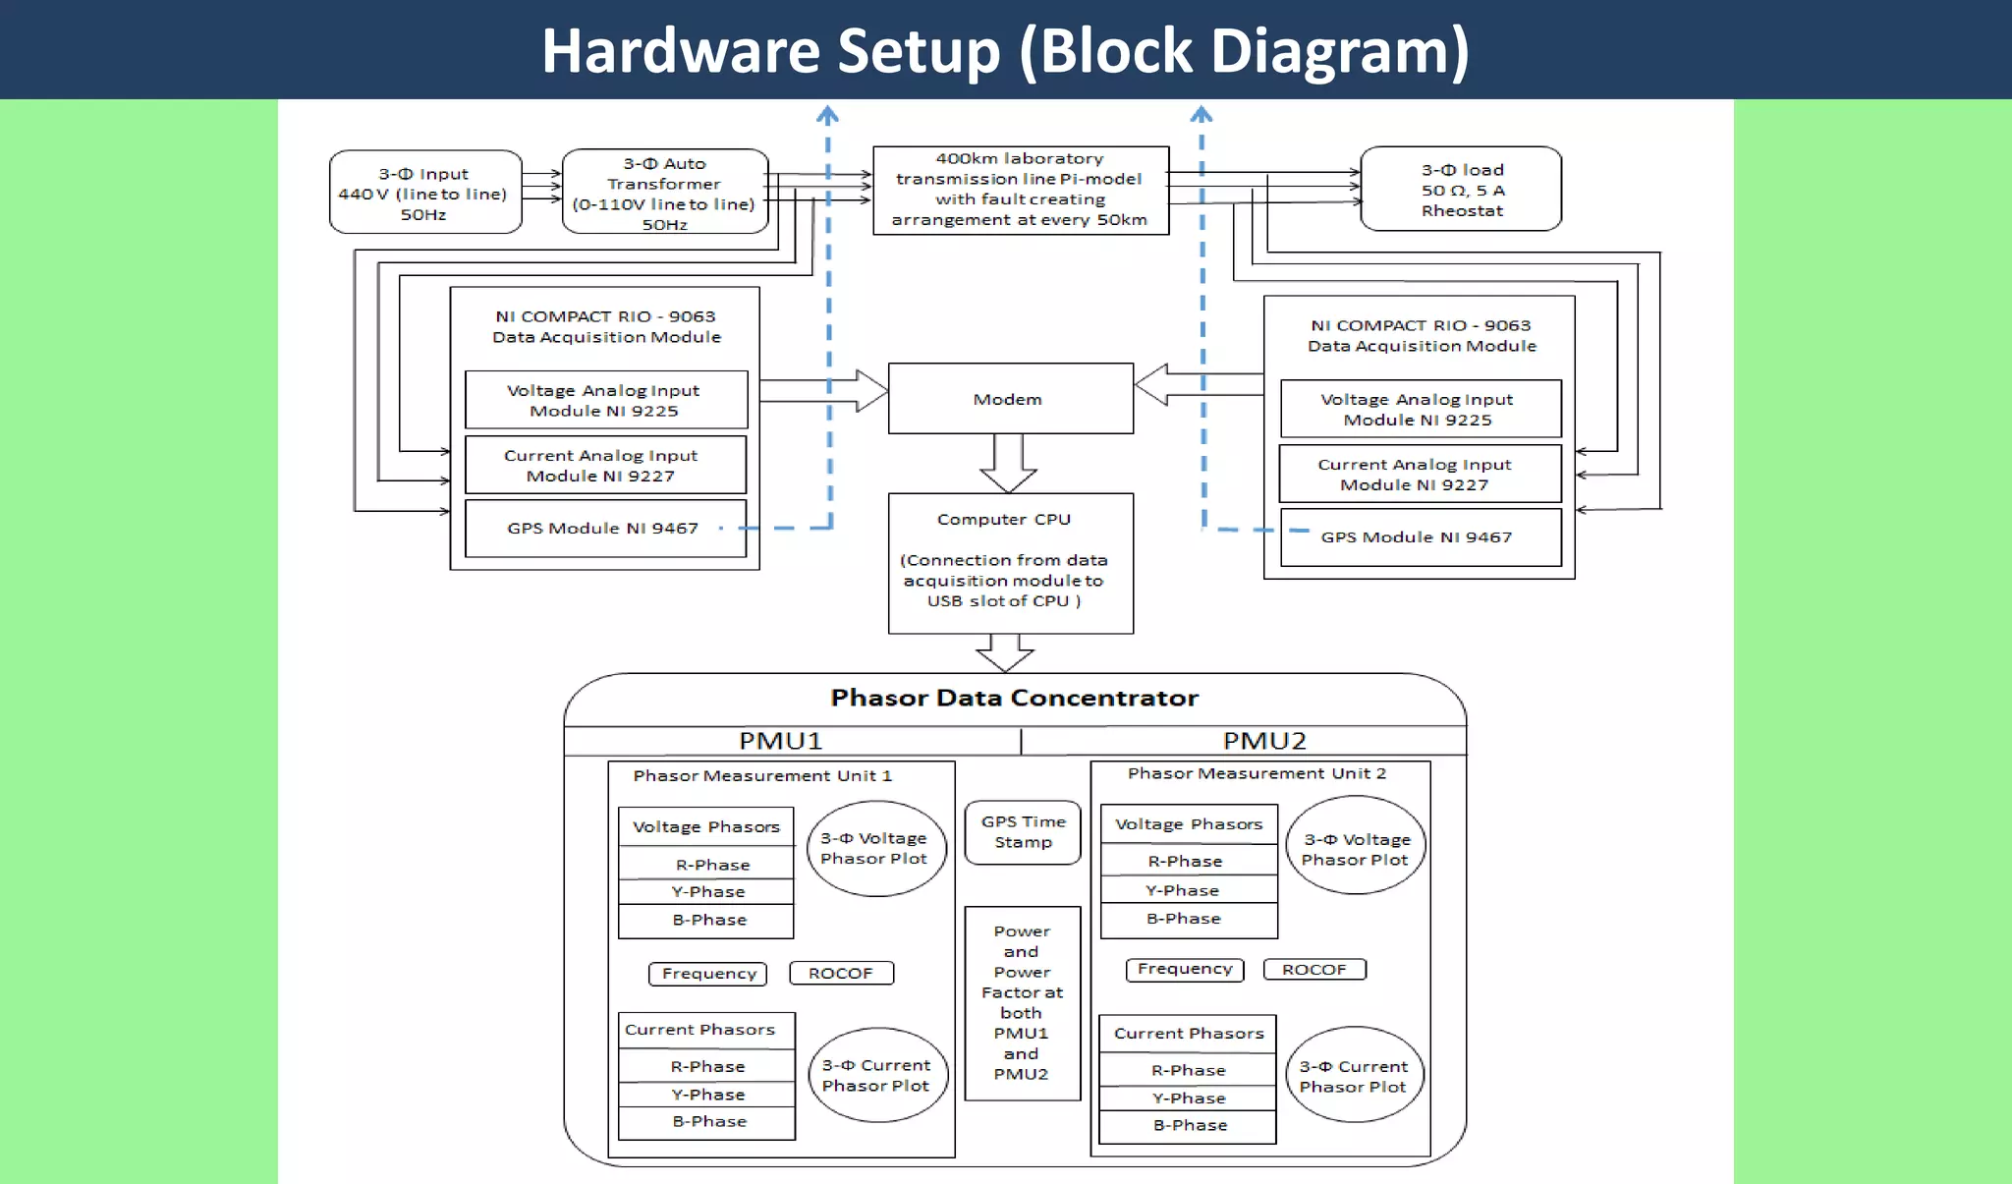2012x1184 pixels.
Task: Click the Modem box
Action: pyautogui.click(x=1010, y=399)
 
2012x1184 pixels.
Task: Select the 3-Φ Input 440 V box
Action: pyautogui.click(x=424, y=193)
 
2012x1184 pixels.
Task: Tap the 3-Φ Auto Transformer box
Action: pyautogui.click(x=664, y=193)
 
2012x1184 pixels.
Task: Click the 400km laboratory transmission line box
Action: pyautogui.click(x=1020, y=190)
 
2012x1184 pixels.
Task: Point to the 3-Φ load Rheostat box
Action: pyautogui.click(x=1461, y=190)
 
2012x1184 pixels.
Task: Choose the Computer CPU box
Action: pyautogui.click(x=1010, y=563)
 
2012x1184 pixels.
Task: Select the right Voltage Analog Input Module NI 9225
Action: pyautogui.click(x=1420, y=409)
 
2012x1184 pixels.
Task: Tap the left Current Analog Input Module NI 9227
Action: pyautogui.click(x=604, y=466)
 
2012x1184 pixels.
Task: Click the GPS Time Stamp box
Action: pyautogui.click(x=1023, y=832)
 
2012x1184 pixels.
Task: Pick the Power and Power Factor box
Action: pyautogui.click(x=1022, y=1002)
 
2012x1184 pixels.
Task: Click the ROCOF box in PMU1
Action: pyautogui.click(x=841, y=973)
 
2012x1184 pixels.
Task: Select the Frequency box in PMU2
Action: pyautogui.click(x=1184, y=970)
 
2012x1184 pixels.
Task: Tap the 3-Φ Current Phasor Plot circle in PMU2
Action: pyautogui.click(x=1354, y=1076)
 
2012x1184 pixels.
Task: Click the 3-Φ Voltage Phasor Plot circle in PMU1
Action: pyautogui.click(x=875, y=848)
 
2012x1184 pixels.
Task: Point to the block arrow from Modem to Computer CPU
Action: pyautogui.click(x=1009, y=463)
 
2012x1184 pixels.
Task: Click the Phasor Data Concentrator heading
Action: pyautogui.click(x=1014, y=699)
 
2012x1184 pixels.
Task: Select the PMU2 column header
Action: pyautogui.click(x=1264, y=741)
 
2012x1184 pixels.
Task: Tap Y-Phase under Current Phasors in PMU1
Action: pyautogui.click(x=707, y=1095)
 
